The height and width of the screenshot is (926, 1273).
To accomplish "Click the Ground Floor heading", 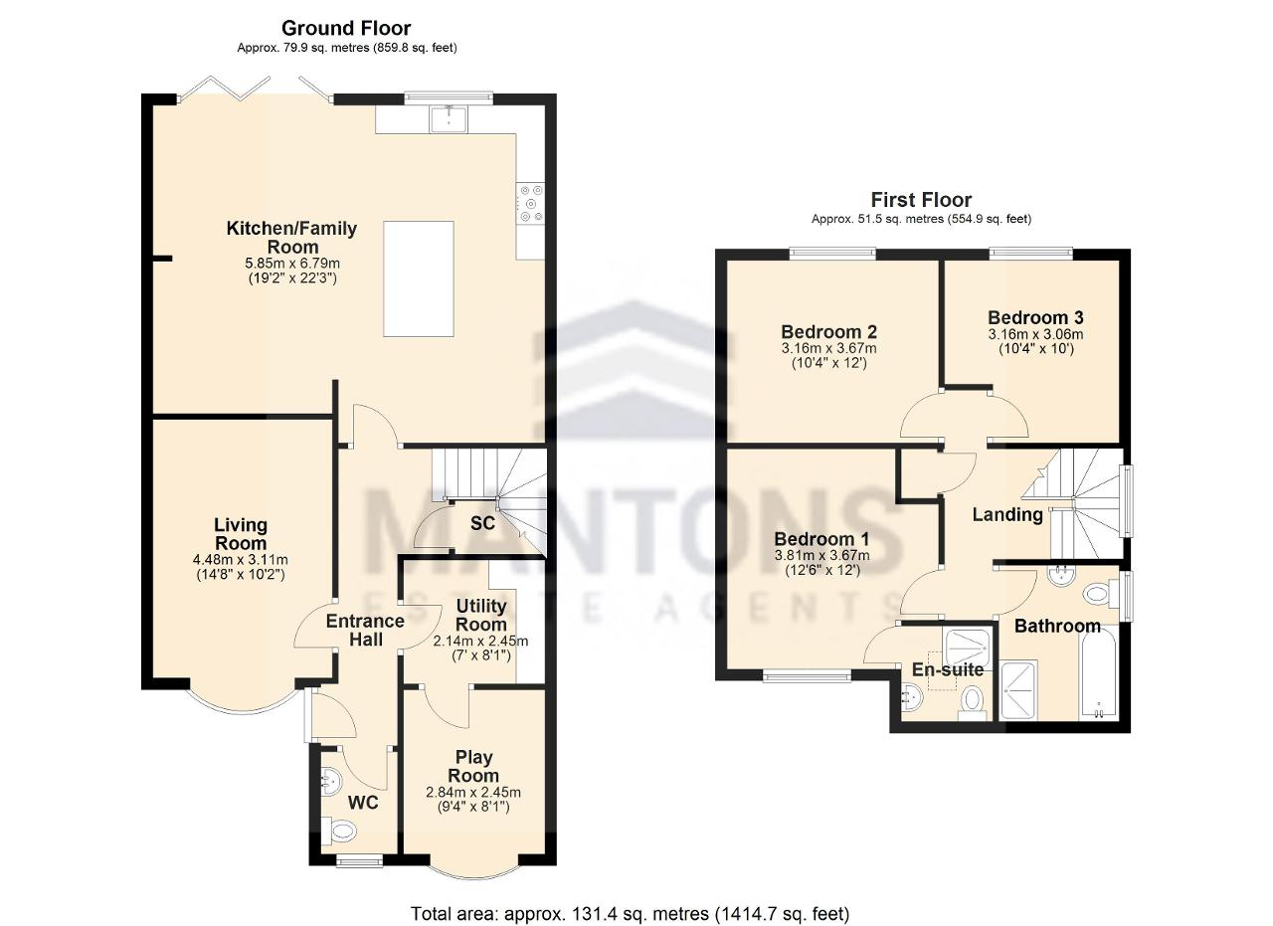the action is [346, 27].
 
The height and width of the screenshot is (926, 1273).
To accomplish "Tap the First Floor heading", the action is [921, 200].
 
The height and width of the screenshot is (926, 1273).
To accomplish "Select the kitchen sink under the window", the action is [449, 119].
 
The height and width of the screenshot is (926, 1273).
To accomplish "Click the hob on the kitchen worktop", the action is [530, 203].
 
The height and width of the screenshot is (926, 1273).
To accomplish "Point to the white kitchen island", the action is [419, 279].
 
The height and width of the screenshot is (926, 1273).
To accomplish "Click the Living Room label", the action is [241, 533].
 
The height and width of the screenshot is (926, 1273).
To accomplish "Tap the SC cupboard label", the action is [482, 523].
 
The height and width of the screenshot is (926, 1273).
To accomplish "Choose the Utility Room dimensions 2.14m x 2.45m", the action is [480, 642].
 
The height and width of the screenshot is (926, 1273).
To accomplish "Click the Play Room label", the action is [473, 766].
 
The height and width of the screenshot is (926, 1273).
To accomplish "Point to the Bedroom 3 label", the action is [1035, 317].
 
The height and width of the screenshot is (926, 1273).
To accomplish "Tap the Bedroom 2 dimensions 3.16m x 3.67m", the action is [828, 348].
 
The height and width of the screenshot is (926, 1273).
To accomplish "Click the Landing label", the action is [1007, 514].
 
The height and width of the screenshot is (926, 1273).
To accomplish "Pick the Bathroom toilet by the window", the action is [1097, 595].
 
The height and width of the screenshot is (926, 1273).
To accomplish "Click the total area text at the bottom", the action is [631, 897].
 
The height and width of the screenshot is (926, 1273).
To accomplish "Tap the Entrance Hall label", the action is [365, 630].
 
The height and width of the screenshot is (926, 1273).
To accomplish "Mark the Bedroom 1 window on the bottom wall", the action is [807, 675].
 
